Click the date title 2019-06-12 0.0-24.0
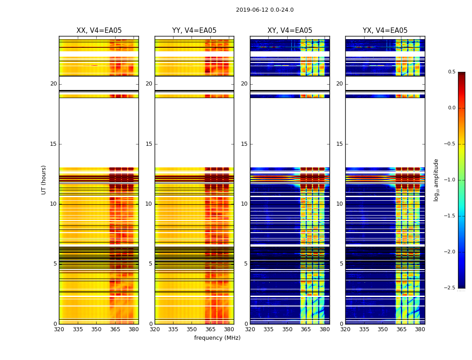[x=265, y=10]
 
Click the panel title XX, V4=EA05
[x=99, y=31]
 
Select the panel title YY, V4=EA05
[x=194, y=31]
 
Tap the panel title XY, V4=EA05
[x=290, y=31]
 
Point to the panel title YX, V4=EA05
[x=385, y=31]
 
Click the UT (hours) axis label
[x=44, y=180]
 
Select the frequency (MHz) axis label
[x=217, y=338]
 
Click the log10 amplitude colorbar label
[x=436, y=180]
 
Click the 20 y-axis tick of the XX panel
[x=53, y=84]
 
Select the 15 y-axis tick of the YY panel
[x=149, y=144]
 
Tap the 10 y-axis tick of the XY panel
[x=244, y=204]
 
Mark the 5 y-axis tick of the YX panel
[x=341, y=264]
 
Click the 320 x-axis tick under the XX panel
[x=59, y=329]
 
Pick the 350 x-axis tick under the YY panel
[x=192, y=329]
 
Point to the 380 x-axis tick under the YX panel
[x=420, y=329]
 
